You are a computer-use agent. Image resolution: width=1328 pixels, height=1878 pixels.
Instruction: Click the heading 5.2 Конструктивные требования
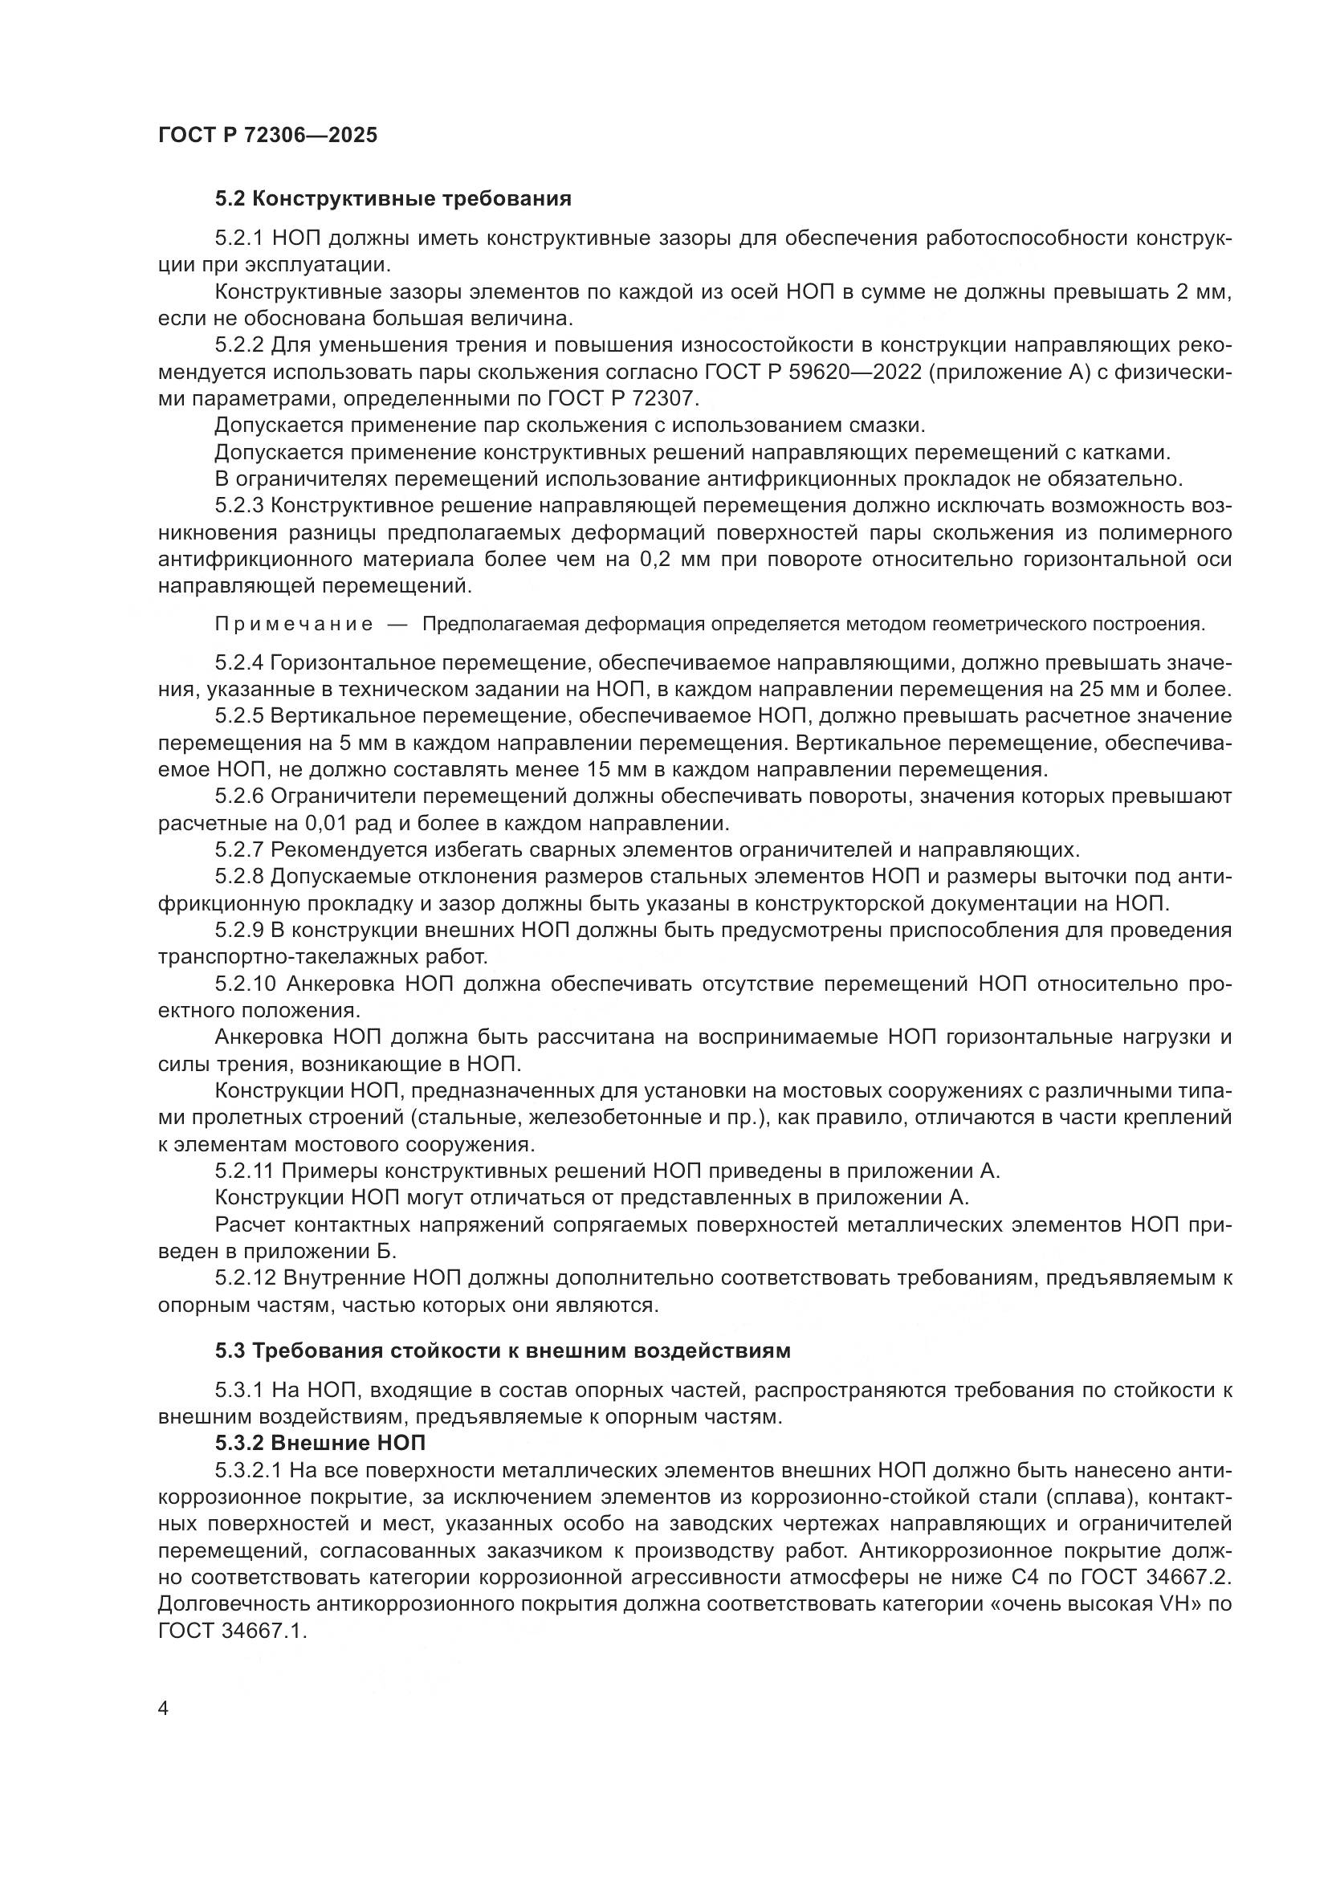[393, 199]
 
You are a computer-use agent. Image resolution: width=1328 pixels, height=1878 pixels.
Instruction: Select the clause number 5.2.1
[238, 238]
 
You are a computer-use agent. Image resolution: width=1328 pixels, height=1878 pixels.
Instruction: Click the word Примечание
[294, 625]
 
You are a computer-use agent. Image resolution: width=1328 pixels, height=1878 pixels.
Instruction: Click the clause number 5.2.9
[238, 930]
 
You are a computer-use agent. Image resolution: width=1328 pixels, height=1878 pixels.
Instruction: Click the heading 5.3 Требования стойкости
[502, 1350]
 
